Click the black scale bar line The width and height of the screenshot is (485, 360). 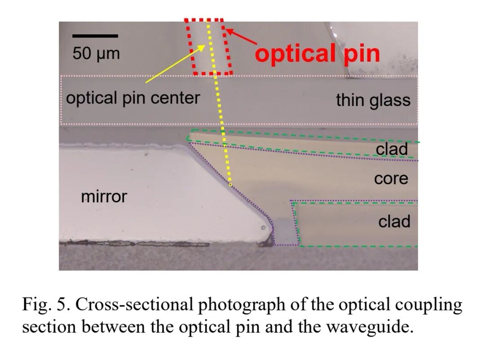95,36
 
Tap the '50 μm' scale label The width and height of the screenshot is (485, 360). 96,53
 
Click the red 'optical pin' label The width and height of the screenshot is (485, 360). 317,53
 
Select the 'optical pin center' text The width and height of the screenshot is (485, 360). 133,98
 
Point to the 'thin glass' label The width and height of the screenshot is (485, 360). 373,100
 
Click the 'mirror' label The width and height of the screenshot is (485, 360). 104,196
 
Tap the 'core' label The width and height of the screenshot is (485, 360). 391,178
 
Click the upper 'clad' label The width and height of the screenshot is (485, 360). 392,149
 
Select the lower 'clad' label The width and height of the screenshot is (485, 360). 394,221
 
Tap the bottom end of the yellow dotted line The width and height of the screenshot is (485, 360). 230,184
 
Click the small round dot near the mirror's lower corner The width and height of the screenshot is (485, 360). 262,228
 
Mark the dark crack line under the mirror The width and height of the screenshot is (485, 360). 135,244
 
